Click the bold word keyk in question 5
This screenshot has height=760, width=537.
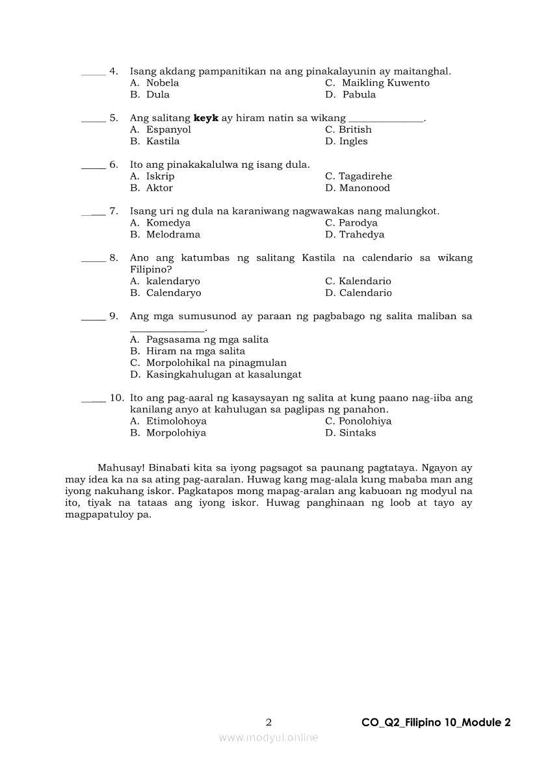click(206, 118)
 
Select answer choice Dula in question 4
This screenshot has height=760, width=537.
click(157, 95)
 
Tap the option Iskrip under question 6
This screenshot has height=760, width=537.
click(160, 177)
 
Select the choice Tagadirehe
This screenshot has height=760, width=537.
click(365, 177)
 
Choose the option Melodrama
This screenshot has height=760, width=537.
click(173, 235)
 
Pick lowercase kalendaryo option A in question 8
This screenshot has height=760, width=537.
click(173, 282)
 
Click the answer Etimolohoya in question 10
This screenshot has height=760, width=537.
click(176, 421)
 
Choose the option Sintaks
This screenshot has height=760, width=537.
click(357, 433)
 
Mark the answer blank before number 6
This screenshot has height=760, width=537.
click(93, 166)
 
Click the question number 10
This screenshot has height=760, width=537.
click(116, 398)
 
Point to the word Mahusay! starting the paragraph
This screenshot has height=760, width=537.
click(120, 468)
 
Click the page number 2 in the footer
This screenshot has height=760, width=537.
click(268, 722)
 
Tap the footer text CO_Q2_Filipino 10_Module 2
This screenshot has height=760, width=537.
click(436, 722)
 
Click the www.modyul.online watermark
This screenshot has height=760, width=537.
click(268, 738)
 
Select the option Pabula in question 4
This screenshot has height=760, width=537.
click(359, 95)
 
